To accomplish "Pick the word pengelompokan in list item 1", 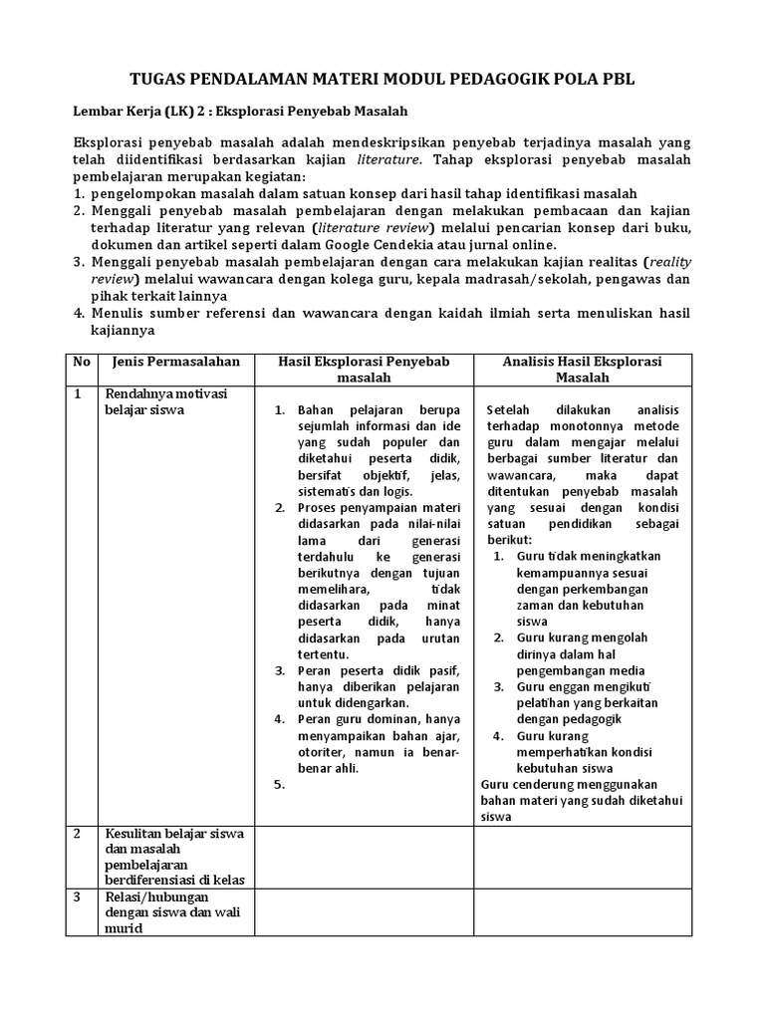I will coord(141,193).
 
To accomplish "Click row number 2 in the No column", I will coord(78,833).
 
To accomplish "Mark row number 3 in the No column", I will coord(78,896).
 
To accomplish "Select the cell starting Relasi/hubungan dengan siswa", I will coord(159,912).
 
